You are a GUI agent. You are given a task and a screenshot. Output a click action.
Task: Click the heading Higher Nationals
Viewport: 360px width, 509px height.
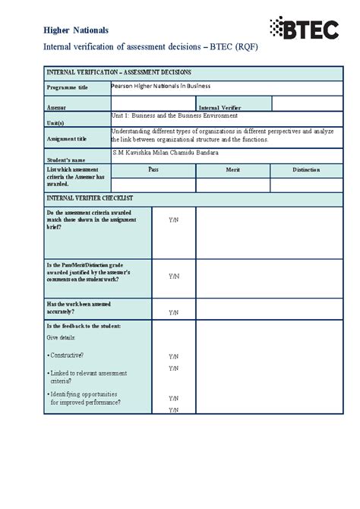[76, 30]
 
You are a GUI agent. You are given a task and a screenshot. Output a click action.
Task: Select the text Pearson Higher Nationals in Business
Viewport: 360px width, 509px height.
[161, 87]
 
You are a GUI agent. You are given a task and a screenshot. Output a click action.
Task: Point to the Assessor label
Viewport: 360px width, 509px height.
[56, 108]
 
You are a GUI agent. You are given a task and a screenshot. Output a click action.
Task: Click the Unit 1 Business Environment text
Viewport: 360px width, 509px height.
[175, 116]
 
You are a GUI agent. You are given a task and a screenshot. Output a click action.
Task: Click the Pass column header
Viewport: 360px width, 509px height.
[153, 170]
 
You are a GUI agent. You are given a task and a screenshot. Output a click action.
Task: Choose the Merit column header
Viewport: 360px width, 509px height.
[232, 170]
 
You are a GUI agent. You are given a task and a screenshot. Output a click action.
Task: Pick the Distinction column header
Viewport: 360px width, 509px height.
[305, 170]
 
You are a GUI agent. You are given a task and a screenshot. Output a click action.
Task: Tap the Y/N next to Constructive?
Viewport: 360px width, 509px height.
[174, 356]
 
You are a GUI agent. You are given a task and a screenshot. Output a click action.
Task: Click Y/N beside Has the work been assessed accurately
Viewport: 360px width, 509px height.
[174, 312]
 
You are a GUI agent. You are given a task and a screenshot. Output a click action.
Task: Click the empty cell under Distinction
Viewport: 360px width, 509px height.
[305, 185]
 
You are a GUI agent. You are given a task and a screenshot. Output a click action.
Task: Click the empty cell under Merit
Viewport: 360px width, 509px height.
[232, 185]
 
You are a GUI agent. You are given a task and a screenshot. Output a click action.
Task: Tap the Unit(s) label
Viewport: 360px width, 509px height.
[55, 123]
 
